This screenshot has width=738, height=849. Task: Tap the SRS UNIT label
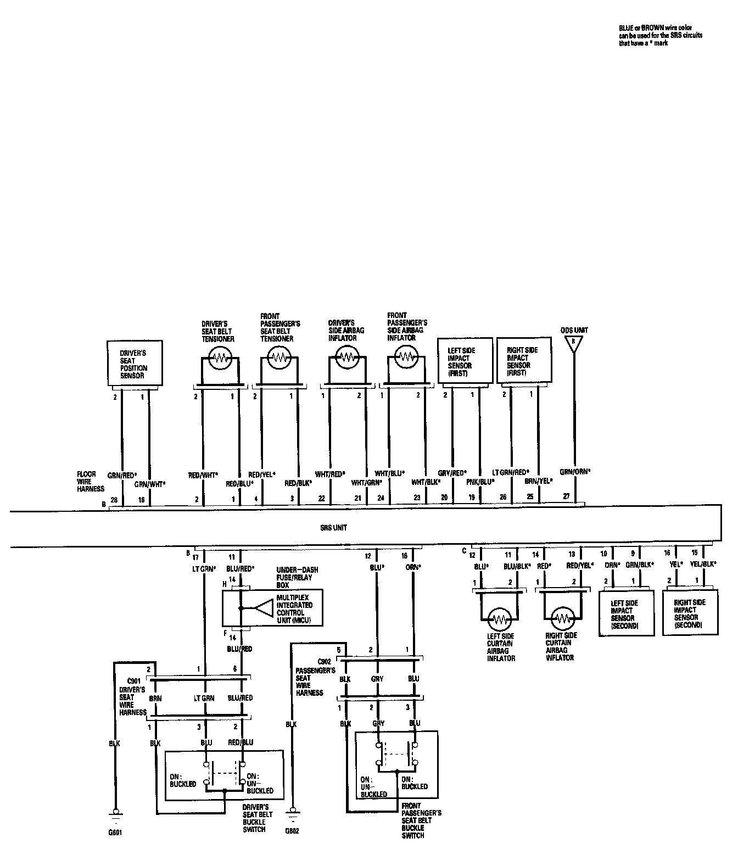333,528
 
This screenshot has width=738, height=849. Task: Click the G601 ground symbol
115,811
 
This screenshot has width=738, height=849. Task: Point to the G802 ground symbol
293,811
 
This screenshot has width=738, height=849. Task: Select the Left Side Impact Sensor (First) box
465,361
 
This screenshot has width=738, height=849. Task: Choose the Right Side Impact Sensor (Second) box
690,613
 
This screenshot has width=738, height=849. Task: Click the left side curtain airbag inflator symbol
500,619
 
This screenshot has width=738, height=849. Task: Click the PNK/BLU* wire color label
480,482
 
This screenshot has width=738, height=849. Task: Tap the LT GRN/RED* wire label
510,472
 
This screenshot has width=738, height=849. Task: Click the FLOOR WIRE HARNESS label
90,481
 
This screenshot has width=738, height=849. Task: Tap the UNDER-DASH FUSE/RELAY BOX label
297,578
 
